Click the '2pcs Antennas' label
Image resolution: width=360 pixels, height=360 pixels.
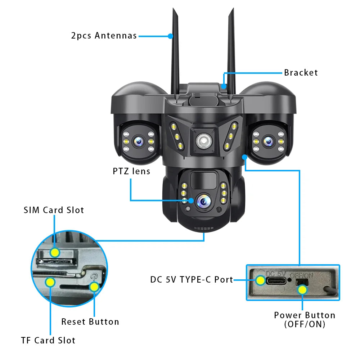104,36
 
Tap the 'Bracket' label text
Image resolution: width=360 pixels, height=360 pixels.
301,73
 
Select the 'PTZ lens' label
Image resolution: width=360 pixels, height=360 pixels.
131,171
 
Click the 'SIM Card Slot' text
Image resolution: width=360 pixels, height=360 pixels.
54,210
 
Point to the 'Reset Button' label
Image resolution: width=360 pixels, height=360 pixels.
90,322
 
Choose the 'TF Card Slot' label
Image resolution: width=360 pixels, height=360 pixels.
48,341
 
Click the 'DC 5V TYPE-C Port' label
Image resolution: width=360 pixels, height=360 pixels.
192,280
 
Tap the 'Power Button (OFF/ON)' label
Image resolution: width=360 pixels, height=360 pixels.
305,319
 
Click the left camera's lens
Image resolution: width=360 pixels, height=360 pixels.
138,142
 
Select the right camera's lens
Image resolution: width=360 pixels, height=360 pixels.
267,141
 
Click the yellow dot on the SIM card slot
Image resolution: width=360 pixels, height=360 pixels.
55,252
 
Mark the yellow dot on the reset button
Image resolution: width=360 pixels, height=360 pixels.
94,287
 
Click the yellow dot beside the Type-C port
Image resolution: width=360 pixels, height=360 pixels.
260,280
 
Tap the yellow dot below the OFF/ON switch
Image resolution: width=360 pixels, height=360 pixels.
303,289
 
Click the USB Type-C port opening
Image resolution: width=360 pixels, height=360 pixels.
276,280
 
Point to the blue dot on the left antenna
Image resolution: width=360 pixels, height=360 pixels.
171,36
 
